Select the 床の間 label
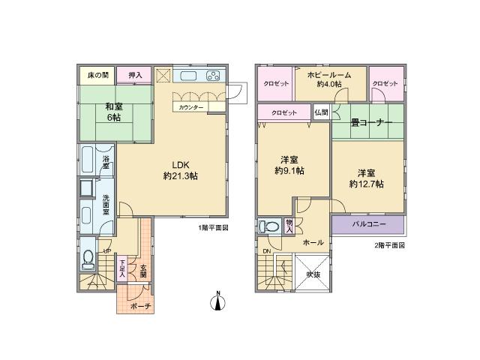click(97, 75)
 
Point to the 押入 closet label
click(135, 75)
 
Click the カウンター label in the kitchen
click(190, 107)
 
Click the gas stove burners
click(213, 76)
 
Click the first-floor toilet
click(88, 257)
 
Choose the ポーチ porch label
click(140, 307)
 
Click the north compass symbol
click(217, 301)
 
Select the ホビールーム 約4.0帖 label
click(328, 79)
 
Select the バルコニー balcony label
click(367, 224)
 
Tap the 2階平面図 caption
click(389, 246)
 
